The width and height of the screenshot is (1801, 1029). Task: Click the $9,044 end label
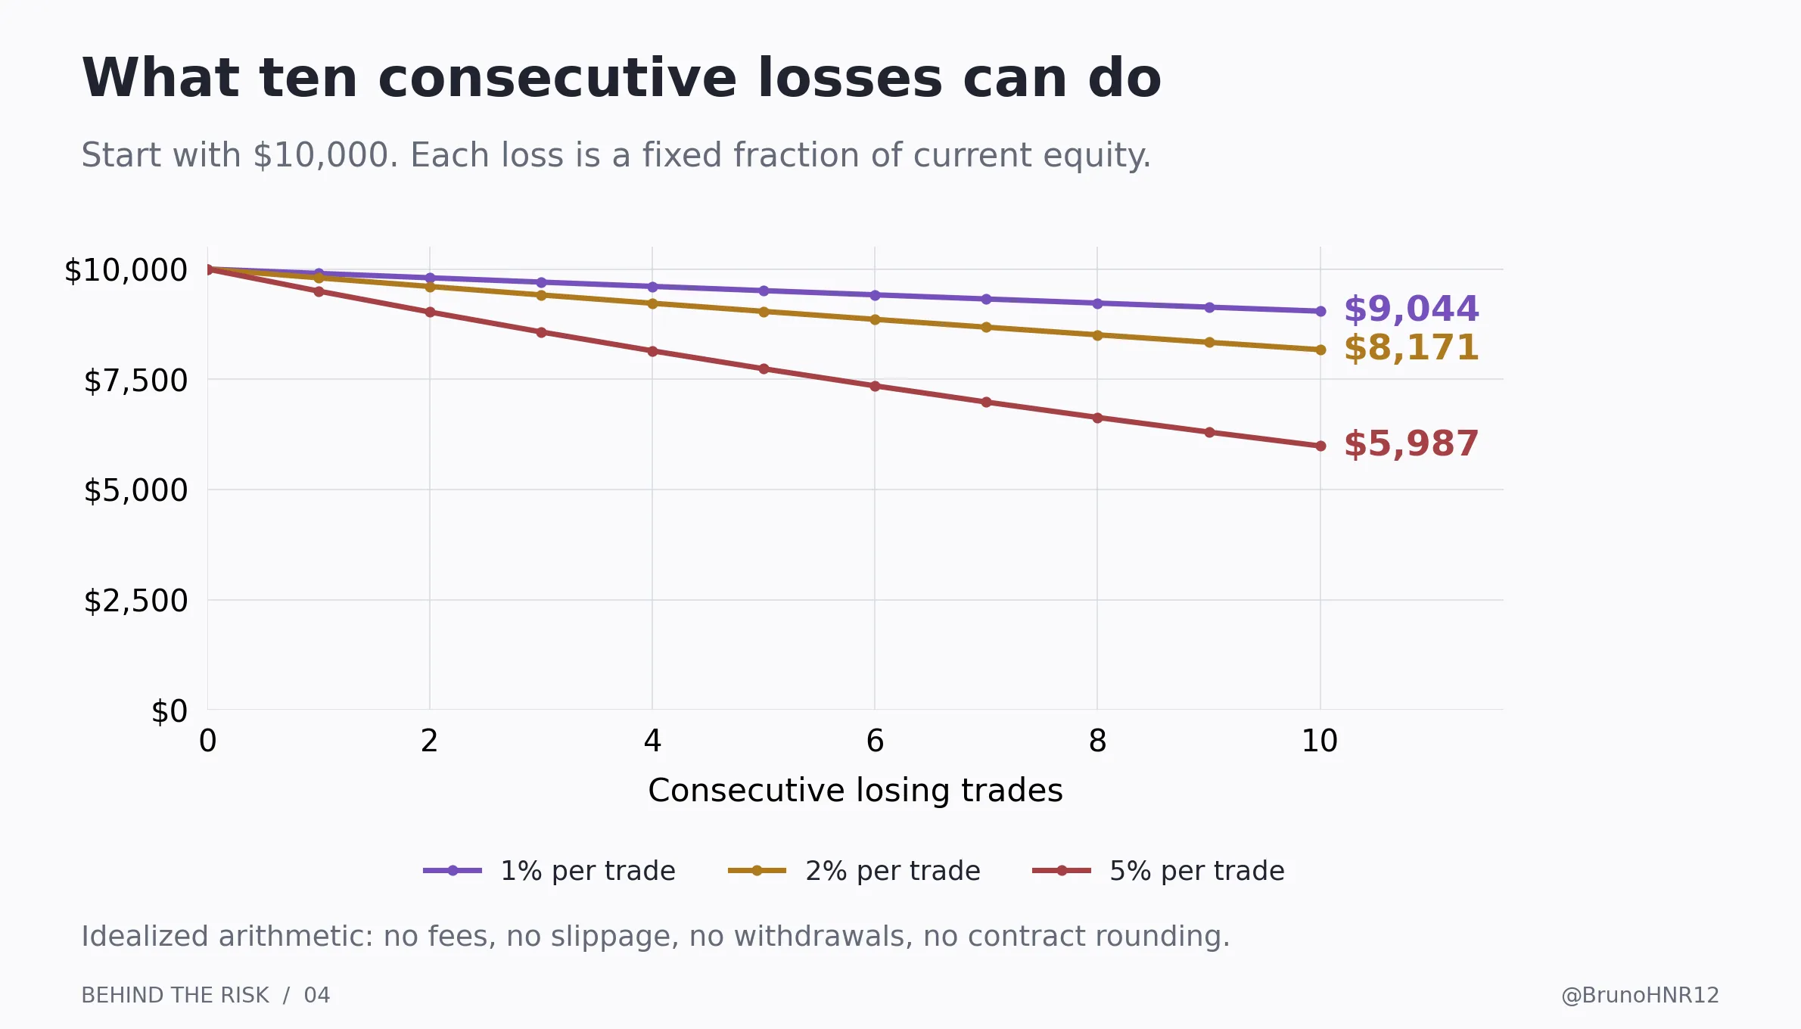1411,309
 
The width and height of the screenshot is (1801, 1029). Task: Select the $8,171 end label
1411,348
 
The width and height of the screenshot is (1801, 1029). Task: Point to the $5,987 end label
1411,444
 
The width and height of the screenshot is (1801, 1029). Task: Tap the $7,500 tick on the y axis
135,381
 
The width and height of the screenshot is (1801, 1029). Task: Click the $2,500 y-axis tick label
135,601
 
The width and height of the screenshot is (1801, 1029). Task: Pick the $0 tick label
170,711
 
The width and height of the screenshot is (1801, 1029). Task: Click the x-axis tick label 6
875,741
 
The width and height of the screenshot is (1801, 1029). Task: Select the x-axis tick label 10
1320,741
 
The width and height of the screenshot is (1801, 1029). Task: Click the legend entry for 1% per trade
549,871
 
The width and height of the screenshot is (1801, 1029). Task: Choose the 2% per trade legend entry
854,871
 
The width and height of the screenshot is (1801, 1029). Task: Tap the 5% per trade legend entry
1159,871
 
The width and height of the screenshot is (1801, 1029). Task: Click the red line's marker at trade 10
1320,446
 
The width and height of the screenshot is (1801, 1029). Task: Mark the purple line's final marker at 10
1320,311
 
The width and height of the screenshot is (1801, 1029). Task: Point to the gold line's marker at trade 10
1320,350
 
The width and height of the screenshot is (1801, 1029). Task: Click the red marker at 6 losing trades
875,387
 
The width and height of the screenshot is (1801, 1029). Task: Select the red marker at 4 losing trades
652,352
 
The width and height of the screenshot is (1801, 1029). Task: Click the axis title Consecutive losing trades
855,791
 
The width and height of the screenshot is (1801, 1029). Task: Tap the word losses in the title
850,79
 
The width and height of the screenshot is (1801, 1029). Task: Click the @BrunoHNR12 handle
1641,996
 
